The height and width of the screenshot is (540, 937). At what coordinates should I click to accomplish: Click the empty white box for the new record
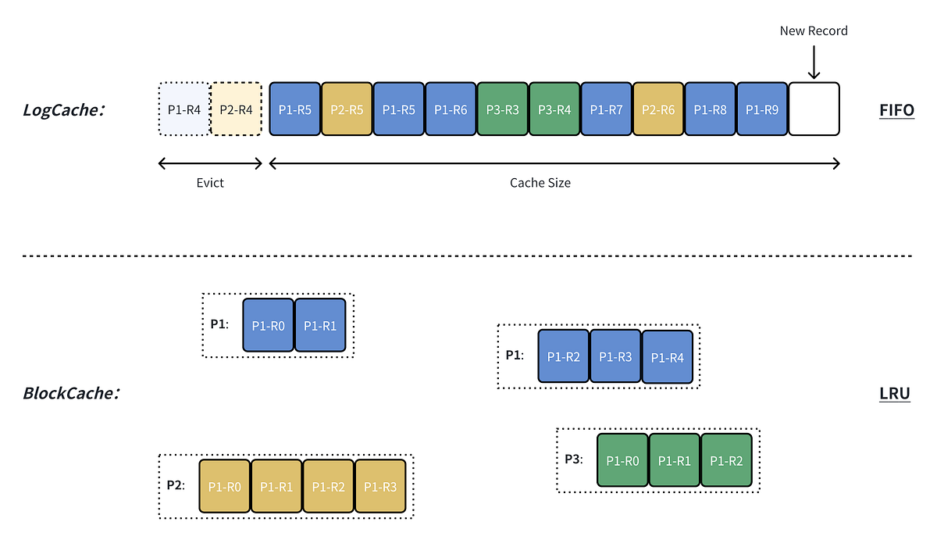point(814,109)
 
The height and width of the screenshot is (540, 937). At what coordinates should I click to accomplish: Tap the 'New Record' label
point(814,31)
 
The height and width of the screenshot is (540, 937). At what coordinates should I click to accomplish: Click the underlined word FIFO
point(896,110)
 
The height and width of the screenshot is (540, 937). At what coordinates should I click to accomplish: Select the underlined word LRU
point(895,393)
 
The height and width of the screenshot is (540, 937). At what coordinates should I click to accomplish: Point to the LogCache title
point(64,109)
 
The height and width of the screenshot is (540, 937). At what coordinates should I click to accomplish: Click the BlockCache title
point(71,393)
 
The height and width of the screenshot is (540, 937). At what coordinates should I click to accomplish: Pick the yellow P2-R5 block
point(347,109)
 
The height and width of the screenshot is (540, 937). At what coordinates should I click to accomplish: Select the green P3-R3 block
point(502,109)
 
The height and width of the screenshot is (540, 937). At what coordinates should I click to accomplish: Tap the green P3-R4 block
point(554,109)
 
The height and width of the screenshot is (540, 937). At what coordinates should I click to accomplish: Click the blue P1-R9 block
point(762,109)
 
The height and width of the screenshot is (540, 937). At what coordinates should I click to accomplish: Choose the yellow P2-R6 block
point(658,109)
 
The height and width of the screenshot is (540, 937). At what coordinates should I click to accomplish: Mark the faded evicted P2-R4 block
point(237,109)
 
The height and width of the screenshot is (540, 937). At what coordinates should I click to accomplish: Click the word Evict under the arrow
point(210,183)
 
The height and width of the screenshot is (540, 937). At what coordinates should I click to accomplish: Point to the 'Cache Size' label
point(540,183)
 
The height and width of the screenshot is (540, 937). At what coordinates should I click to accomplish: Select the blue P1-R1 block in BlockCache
point(320,325)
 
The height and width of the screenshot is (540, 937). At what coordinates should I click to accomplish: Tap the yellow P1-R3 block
point(380,486)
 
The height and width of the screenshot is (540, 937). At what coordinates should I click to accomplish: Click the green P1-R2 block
point(726,460)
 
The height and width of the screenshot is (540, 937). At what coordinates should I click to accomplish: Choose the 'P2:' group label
point(176,485)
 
